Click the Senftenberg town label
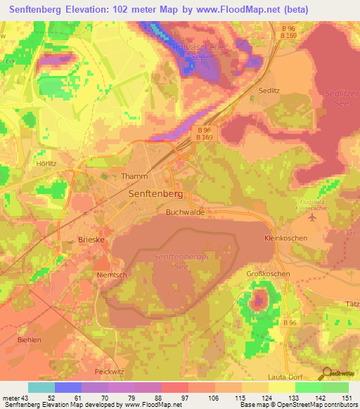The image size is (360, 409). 155,193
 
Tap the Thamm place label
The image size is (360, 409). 135,177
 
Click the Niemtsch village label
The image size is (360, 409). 111,275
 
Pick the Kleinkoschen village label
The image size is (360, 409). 285,238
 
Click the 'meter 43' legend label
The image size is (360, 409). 15,398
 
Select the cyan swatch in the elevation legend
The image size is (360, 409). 41,387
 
